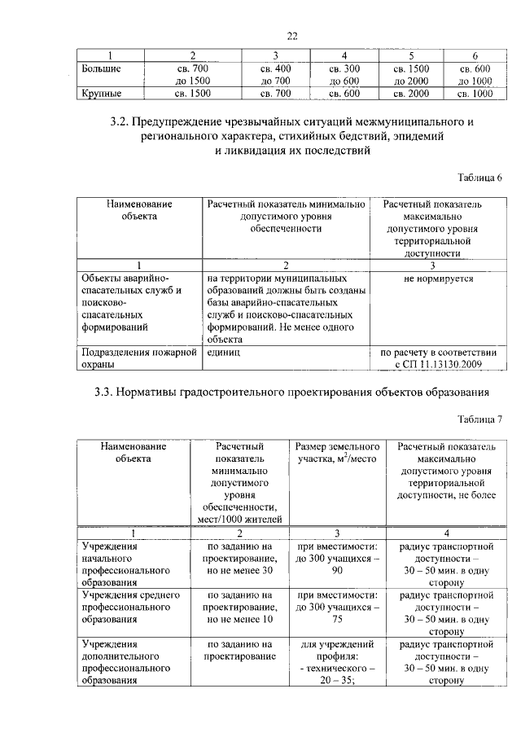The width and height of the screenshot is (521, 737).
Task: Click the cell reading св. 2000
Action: click(x=411, y=94)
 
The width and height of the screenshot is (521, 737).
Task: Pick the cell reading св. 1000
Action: click(x=475, y=94)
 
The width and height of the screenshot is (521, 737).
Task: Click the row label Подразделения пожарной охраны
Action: click(x=138, y=358)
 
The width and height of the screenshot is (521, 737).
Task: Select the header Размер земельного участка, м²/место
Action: click(x=337, y=454)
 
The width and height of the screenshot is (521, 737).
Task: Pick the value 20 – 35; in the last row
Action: click(x=337, y=682)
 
